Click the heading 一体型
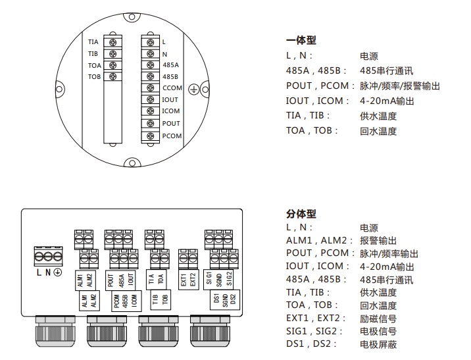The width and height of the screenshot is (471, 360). (301, 40)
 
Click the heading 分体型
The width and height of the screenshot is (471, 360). (301, 214)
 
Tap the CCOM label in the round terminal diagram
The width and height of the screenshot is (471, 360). (172, 88)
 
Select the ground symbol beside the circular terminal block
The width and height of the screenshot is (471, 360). (194, 88)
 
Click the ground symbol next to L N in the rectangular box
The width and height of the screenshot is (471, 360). (58, 272)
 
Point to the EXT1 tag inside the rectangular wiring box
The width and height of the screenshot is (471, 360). (184, 278)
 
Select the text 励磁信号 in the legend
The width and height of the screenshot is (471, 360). (378, 319)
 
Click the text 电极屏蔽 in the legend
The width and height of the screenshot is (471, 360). (378, 344)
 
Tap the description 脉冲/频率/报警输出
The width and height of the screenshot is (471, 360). (399, 86)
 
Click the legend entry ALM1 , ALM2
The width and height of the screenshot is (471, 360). (314, 240)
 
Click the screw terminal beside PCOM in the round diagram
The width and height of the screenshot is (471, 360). (151, 136)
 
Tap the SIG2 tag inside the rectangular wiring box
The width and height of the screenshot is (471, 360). (229, 278)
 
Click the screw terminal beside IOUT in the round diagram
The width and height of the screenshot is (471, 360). (151, 100)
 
